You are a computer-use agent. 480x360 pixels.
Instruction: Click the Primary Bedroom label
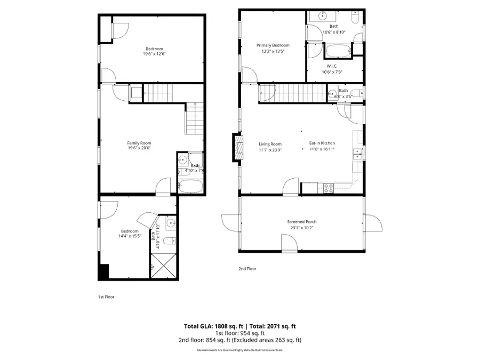point(273,46)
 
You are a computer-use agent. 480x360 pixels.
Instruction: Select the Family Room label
point(139,143)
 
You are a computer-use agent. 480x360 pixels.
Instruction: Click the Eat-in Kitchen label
point(322,143)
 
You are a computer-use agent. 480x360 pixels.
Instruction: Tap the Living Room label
point(270,144)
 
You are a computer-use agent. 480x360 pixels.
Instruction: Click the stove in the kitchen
point(329,188)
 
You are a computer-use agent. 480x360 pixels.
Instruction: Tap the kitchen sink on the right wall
point(356,154)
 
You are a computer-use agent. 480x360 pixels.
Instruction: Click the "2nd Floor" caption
point(247,269)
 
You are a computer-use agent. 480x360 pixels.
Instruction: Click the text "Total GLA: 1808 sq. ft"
point(211,326)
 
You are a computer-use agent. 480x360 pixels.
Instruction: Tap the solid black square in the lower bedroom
point(103,271)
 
